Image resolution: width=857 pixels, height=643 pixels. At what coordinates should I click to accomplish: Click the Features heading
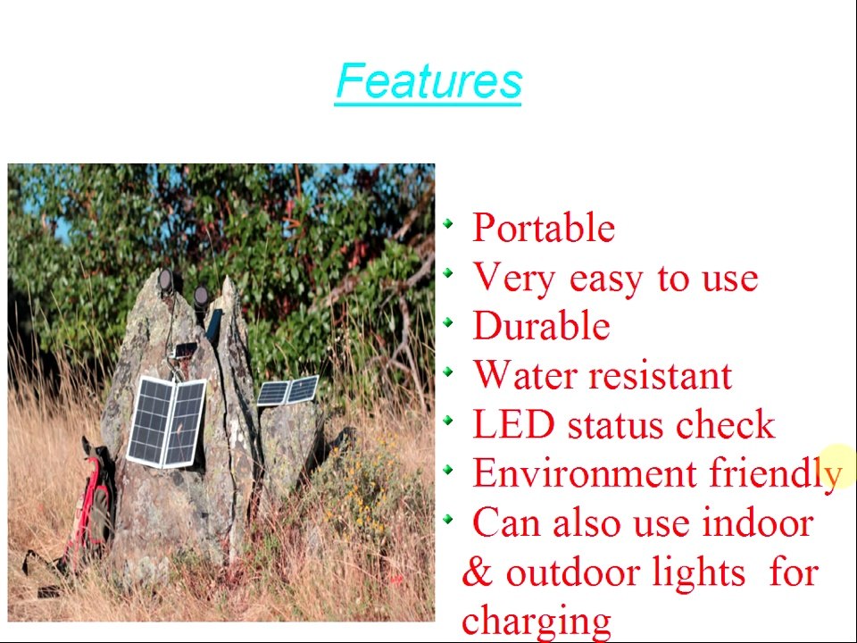tap(428, 81)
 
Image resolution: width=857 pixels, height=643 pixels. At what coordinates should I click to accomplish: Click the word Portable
tap(543, 229)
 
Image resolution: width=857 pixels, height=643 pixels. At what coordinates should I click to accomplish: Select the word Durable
tap(541, 327)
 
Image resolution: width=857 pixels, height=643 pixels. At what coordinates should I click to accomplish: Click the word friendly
tap(774, 474)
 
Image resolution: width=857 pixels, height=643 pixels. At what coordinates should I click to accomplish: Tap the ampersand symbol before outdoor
tap(478, 572)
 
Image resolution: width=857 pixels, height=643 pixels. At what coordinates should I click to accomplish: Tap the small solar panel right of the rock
tap(288, 391)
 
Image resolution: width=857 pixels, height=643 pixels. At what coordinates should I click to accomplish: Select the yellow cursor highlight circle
tap(836, 465)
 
